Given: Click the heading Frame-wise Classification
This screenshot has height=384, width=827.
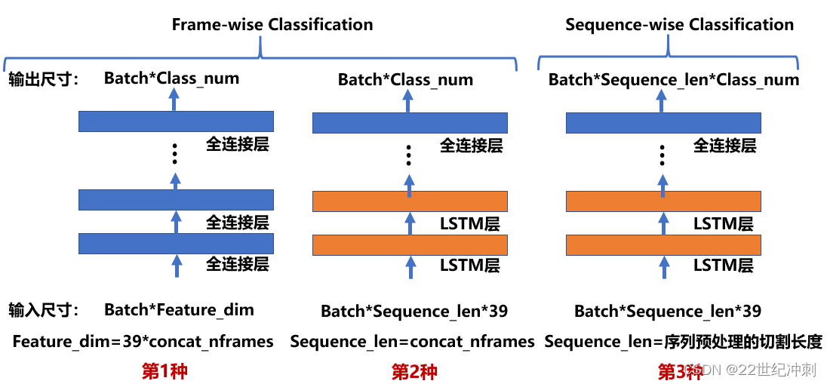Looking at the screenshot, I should click(x=272, y=24).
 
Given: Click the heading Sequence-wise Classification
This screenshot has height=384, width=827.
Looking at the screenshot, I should click(x=679, y=24).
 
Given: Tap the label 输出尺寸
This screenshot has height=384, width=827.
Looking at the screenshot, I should click(x=44, y=79).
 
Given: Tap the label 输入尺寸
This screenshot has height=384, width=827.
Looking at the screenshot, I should click(x=44, y=309).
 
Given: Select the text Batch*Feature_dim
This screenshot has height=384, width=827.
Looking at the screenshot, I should click(x=179, y=309).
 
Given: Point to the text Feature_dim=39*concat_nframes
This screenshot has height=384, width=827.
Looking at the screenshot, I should click(x=143, y=342).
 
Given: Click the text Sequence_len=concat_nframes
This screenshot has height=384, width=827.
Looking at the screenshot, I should click(x=412, y=342).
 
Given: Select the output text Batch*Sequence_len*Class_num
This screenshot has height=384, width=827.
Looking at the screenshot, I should click(x=673, y=79).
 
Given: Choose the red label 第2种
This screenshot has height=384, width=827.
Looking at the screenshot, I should click(x=414, y=371).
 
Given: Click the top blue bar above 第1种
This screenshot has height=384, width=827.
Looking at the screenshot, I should click(x=176, y=121).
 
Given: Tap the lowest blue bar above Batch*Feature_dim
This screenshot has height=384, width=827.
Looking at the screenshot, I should click(x=176, y=243).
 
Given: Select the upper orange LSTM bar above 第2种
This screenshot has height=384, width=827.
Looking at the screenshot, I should click(x=410, y=201).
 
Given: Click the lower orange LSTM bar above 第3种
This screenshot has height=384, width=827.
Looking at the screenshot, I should click(x=663, y=245).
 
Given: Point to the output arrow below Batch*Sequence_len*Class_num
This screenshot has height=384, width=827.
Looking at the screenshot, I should click(x=663, y=100).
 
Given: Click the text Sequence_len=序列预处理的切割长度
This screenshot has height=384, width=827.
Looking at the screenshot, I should click(x=683, y=342).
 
